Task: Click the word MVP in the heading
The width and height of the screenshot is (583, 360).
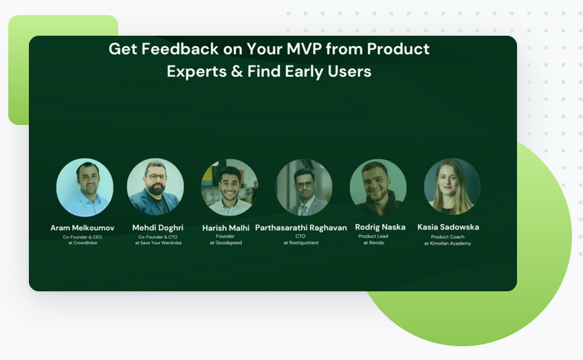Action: tap(304, 49)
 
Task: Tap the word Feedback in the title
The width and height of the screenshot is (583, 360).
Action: tap(180, 49)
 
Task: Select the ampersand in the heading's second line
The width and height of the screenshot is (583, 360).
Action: tap(236, 71)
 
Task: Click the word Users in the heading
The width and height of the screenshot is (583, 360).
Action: tap(349, 71)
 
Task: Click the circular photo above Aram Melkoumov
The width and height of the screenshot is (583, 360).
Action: tap(85, 188)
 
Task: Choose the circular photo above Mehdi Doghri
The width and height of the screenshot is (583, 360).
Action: tap(155, 187)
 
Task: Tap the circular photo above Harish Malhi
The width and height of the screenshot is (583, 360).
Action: tap(230, 188)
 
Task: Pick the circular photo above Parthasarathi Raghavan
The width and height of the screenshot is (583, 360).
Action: tap(304, 188)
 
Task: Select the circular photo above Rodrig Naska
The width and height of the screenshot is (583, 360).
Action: tap(378, 188)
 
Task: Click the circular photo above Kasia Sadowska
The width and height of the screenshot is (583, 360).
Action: tap(452, 186)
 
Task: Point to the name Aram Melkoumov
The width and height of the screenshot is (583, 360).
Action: tap(82, 227)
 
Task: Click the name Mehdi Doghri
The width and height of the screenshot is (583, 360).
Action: tap(157, 227)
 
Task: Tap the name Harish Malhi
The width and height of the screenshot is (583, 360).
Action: tap(225, 227)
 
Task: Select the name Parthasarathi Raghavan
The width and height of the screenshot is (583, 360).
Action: tap(301, 227)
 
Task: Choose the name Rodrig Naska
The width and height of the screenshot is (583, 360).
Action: tap(380, 227)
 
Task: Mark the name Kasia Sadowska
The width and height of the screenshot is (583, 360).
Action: tap(448, 227)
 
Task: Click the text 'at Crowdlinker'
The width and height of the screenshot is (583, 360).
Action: tap(82, 243)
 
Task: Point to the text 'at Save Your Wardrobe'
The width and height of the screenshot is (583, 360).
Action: tap(158, 243)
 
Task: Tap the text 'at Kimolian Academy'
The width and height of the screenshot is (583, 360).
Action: tap(448, 243)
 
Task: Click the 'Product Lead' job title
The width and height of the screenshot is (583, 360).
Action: tap(373, 236)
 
